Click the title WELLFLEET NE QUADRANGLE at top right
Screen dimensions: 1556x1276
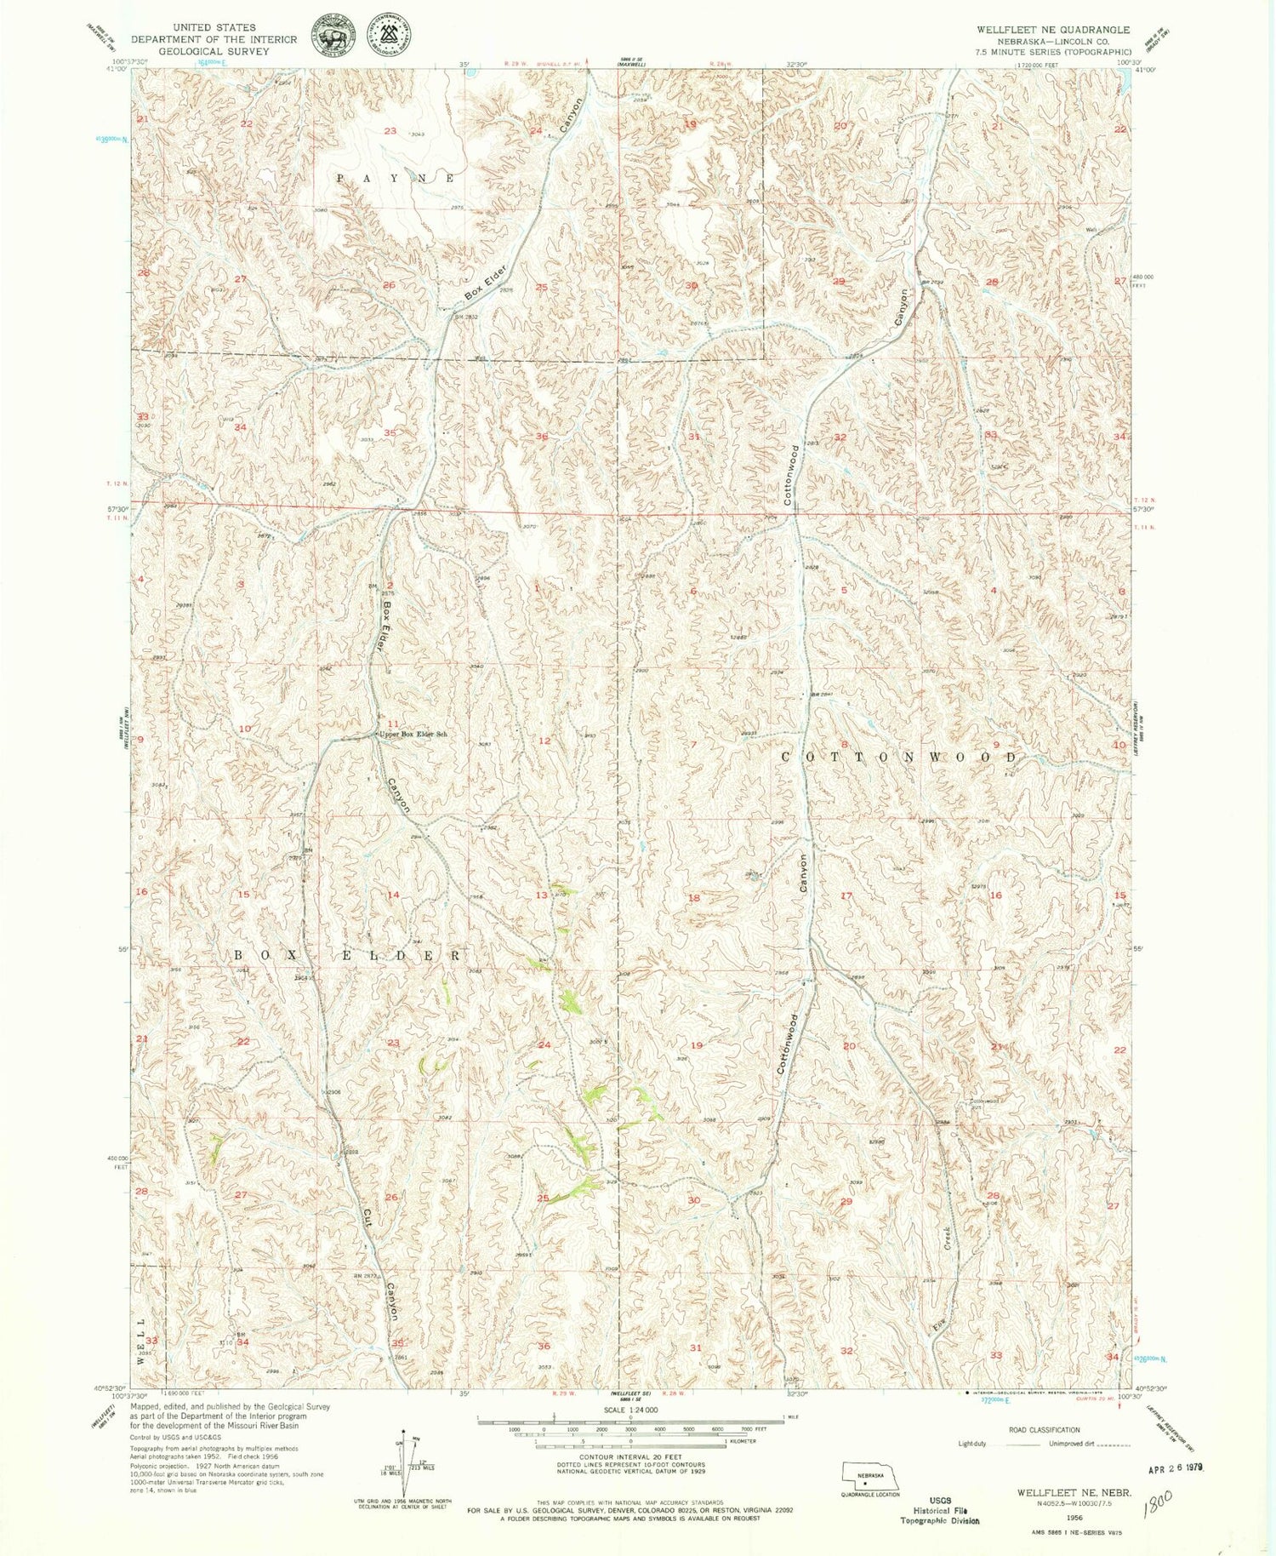tap(1052, 30)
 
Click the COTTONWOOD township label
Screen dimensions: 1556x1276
tap(898, 757)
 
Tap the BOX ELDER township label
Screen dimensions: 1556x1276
tap(349, 956)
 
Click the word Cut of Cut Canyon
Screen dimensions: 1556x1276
tap(367, 1218)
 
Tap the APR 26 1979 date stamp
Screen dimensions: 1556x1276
tap(1174, 1469)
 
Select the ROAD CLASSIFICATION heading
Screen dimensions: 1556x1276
tap(1044, 1430)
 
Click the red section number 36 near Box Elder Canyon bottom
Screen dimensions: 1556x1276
tap(544, 1347)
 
